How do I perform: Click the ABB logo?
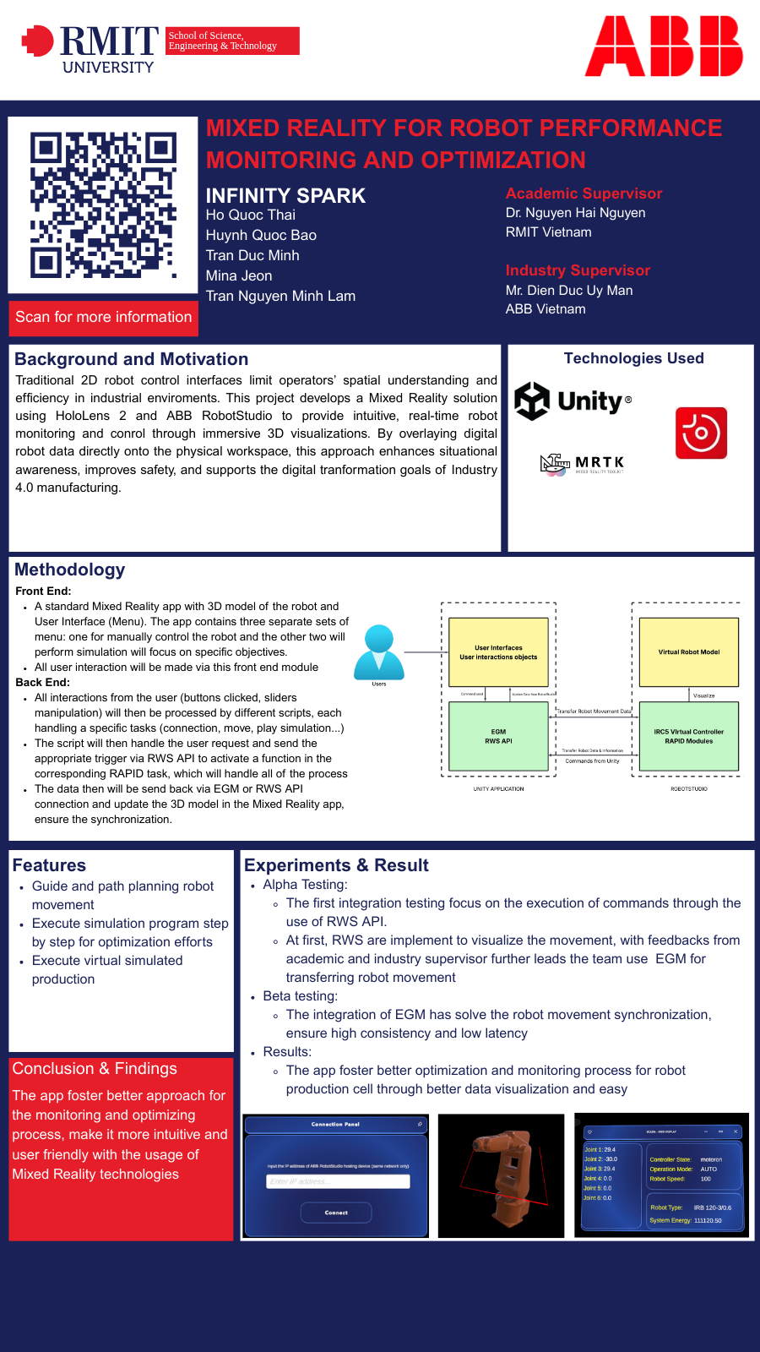click(x=664, y=46)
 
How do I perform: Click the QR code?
click(x=103, y=204)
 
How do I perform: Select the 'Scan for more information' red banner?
click(x=104, y=318)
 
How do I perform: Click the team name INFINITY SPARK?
click(x=285, y=196)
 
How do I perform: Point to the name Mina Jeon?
click(x=239, y=275)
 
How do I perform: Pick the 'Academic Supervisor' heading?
click(x=584, y=194)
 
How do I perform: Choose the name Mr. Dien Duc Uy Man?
click(x=569, y=291)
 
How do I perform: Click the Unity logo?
click(x=573, y=401)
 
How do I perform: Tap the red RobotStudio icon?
click(x=701, y=433)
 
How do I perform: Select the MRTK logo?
click(x=582, y=463)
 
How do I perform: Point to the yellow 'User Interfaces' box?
click(x=498, y=652)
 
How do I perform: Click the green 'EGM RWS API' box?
click(x=498, y=736)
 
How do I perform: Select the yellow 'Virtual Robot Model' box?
click(x=689, y=652)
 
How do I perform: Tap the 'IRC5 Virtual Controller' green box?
click(x=689, y=736)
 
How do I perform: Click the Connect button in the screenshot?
click(x=336, y=1213)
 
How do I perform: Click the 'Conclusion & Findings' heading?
click(x=95, y=1069)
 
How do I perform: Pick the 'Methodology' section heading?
click(x=70, y=570)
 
